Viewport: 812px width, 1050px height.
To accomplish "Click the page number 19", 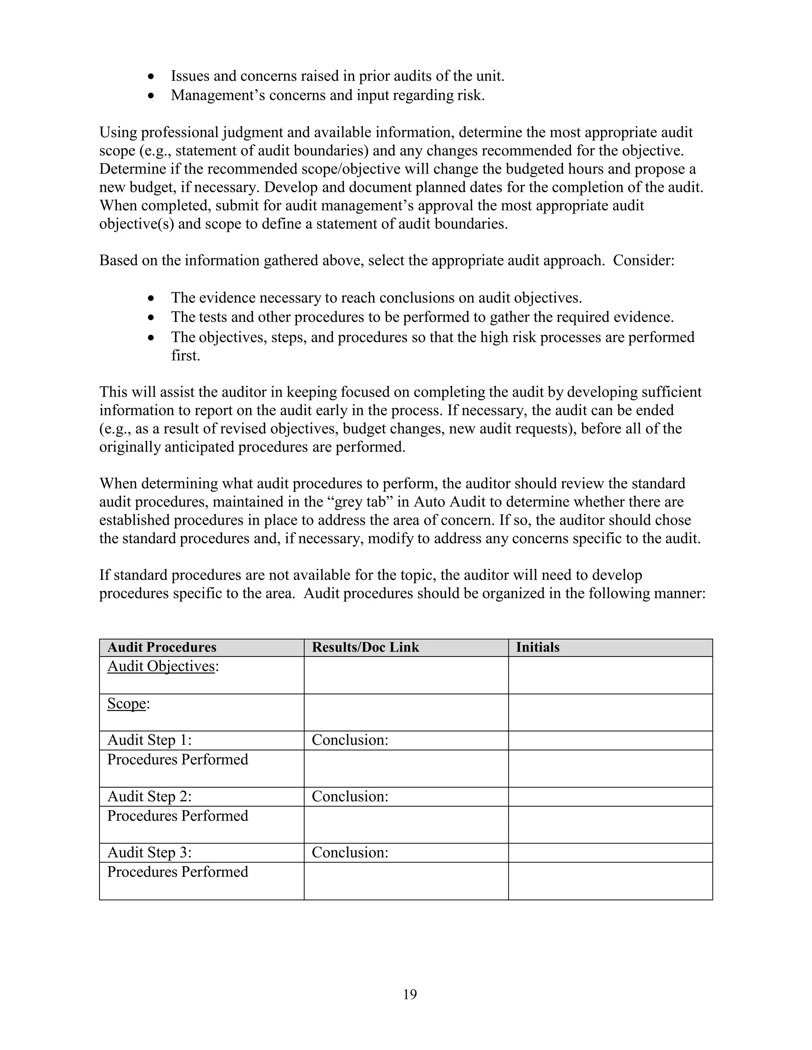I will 410,994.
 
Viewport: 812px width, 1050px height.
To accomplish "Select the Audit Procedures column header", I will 162,647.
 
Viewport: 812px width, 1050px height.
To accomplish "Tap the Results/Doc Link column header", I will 365,647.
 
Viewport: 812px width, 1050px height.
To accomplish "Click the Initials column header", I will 537,647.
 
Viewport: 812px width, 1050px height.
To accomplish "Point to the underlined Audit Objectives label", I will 161,666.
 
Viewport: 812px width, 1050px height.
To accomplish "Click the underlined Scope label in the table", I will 126,703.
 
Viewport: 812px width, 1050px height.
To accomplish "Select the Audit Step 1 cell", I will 149,740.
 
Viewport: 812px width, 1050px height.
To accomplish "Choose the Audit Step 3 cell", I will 149,852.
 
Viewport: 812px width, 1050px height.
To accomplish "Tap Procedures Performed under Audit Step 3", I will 178,872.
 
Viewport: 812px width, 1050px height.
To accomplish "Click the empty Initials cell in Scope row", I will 610,712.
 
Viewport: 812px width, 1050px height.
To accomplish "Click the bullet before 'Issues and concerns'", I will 151,77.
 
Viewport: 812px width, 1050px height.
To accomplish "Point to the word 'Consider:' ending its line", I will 643,261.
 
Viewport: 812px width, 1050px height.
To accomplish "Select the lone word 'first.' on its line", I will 185,355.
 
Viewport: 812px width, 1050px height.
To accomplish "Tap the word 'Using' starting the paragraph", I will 118,132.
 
